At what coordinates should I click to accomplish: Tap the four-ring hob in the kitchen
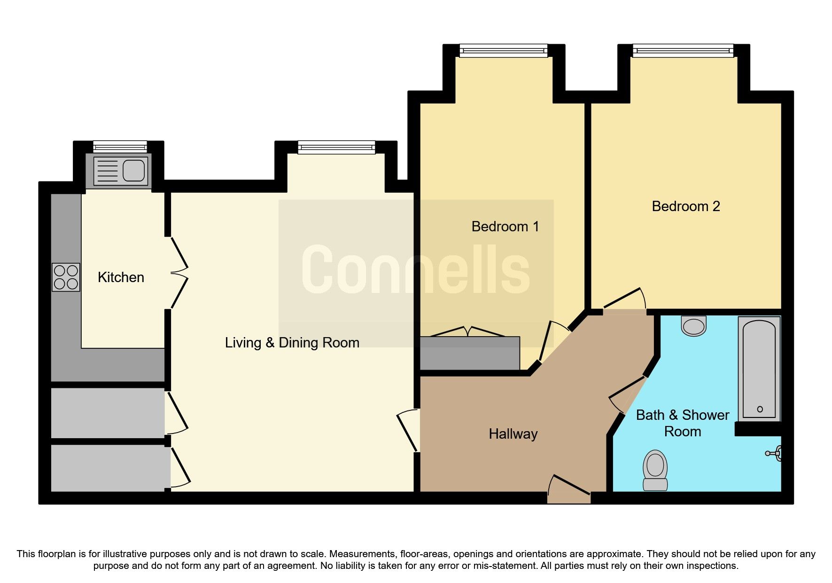(66, 277)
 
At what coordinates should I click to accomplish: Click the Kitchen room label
(121, 277)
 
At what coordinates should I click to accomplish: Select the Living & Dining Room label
(292, 343)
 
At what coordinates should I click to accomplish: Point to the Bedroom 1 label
(505, 227)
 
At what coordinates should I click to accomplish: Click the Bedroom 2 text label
(685, 206)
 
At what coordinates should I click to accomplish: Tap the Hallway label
(513, 434)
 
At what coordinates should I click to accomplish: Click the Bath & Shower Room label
(682, 423)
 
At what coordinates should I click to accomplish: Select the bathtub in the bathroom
(759, 369)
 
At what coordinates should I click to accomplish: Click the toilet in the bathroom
(655, 470)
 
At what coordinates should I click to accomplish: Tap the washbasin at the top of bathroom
(694, 325)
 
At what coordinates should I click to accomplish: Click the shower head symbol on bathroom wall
(774, 454)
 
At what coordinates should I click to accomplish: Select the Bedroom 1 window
(503, 50)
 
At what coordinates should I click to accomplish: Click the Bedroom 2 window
(683, 50)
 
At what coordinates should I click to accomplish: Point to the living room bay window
(336, 147)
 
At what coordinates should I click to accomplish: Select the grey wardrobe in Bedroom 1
(470, 353)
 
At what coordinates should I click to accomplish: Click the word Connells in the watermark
(416, 270)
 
